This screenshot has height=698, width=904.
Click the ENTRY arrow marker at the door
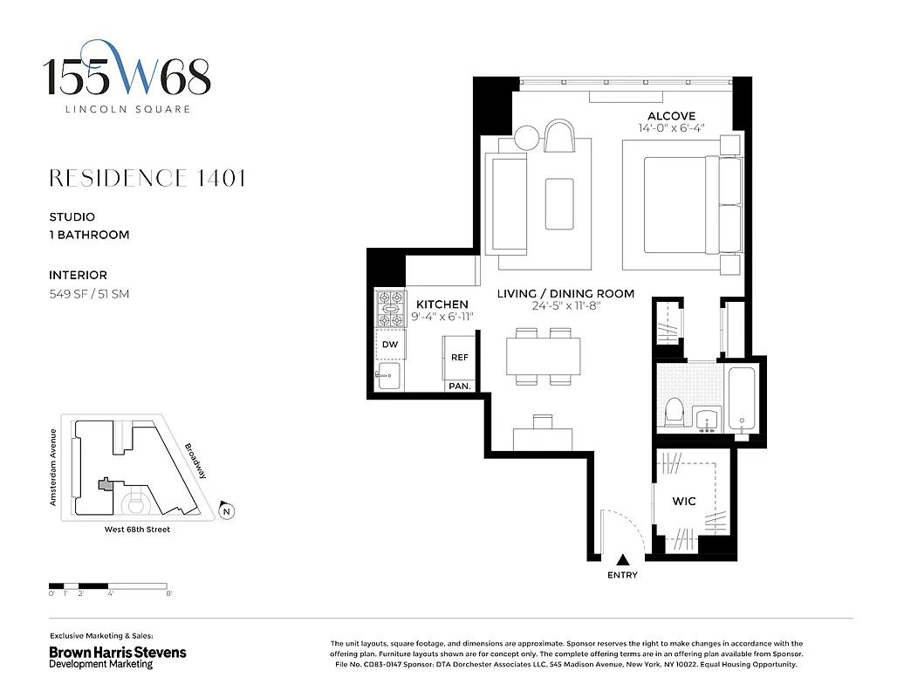622,560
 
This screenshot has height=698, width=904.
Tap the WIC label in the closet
683,502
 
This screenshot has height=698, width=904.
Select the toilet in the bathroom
675,412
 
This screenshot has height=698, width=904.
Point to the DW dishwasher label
389,345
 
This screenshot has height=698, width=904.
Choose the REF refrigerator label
459,358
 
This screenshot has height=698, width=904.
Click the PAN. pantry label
459,386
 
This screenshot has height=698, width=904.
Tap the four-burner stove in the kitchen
389,309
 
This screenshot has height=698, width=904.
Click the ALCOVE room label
671,116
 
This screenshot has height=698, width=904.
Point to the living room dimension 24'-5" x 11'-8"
565,306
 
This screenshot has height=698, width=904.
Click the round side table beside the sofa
527,138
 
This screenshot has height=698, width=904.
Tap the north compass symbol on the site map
226,511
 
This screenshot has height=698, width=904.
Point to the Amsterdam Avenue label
53,467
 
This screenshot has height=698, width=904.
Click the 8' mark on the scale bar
168,594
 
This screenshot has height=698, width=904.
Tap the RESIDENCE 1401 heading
147,179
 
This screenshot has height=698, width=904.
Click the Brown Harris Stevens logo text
117,653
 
